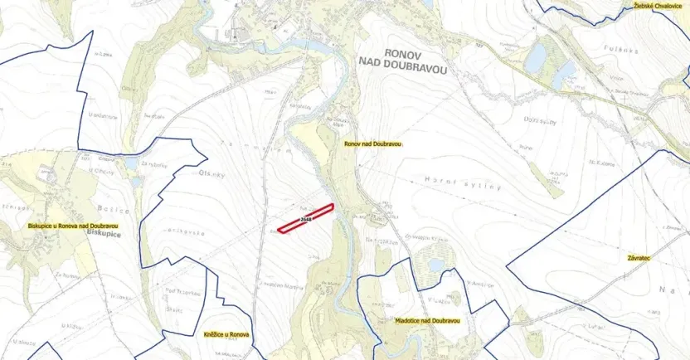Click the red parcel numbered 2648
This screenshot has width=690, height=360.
point(305,218)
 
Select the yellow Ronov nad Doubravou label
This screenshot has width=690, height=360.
point(372,144)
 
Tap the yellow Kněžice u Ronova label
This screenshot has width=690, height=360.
point(226,334)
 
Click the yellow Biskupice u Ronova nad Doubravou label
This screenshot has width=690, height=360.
point(72,225)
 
